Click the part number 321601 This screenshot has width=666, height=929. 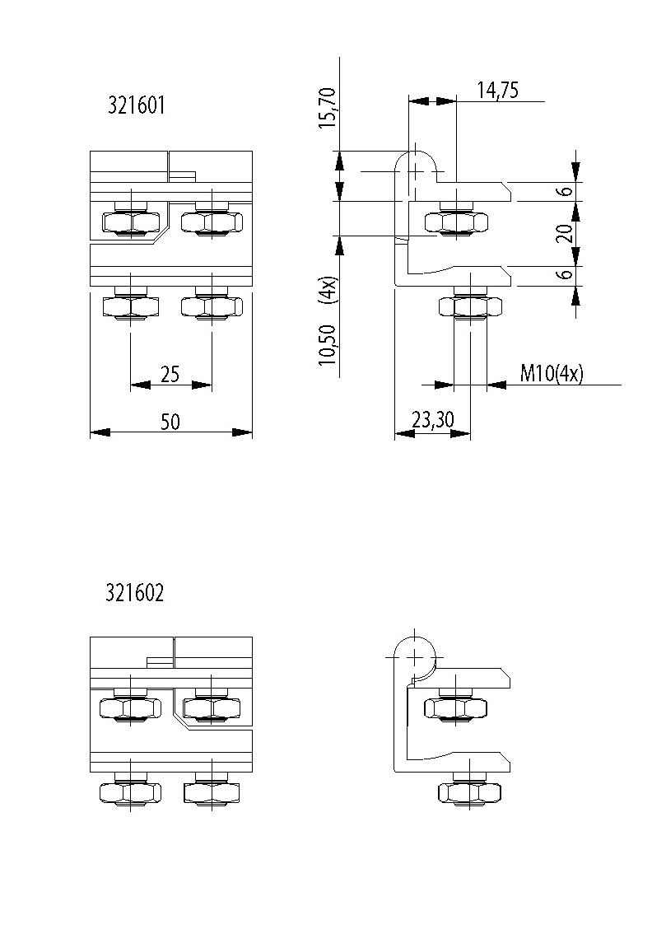tap(136, 105)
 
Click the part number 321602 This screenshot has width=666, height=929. tap(134, 592)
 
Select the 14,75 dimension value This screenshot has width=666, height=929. tap(498, 90)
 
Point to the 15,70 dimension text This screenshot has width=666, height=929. tap(328, 107)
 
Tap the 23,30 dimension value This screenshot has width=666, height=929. tap(433, 420)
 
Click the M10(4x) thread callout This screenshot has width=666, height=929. tap(551, 373)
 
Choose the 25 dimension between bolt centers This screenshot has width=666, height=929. tap(170, 375)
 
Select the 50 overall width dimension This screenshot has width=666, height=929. tap(170, 422)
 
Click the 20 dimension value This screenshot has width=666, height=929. tap(566, 233)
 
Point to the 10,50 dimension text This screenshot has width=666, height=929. tap(328, 345)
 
